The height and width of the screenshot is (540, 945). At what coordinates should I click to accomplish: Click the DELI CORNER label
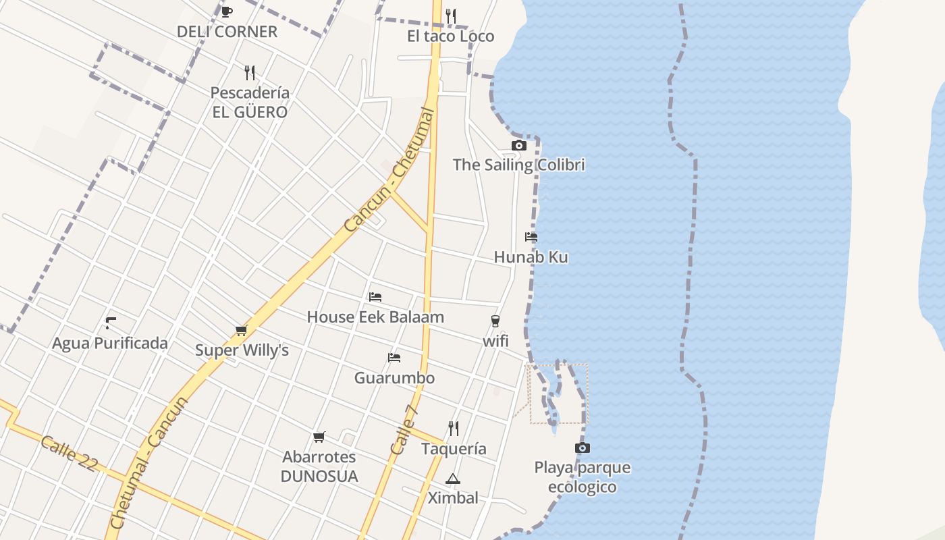(227, 32)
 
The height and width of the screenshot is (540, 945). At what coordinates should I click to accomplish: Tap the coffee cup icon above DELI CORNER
(227, 11)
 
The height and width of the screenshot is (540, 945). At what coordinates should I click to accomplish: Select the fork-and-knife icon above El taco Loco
(451, 15)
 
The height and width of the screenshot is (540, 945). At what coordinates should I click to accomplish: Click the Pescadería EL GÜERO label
(250, 103)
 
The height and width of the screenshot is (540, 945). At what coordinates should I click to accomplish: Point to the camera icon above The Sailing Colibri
(518, 145)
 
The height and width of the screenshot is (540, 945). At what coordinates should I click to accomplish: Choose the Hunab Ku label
(531, 257)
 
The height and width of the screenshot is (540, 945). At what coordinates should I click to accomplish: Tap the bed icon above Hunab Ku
(531, 237)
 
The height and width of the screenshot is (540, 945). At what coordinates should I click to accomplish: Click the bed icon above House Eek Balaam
(375, 296)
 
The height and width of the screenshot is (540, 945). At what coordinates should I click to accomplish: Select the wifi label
(495, 342)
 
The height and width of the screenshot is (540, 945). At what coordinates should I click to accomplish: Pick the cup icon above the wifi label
(495, 321)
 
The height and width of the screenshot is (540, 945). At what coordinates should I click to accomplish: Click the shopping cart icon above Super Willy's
(241, 330)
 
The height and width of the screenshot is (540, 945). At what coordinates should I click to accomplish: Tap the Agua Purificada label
(110, 344)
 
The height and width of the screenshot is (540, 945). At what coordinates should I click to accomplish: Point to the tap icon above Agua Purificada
(111, 323)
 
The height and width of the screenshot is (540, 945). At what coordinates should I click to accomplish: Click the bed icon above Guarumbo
(394, 357)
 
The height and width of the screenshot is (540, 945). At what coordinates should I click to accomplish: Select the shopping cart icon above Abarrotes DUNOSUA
(319, 437)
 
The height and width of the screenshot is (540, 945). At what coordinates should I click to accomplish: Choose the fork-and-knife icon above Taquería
(454, 428)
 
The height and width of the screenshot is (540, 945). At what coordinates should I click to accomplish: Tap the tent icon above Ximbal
(452, 479)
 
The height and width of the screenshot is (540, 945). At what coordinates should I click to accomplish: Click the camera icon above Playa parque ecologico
(583, 448)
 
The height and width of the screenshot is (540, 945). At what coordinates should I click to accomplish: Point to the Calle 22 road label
(69, 454)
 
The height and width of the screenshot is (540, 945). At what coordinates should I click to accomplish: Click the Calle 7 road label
(404, 429)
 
